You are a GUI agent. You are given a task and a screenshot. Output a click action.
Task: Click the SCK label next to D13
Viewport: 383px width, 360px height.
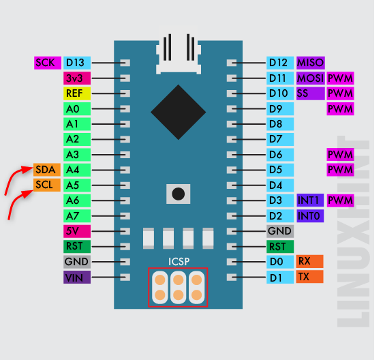click(48, 63)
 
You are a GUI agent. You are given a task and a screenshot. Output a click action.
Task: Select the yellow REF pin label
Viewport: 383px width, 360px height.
click(77, 93)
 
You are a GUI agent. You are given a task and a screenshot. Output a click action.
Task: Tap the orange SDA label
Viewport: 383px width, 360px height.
click(47, 170)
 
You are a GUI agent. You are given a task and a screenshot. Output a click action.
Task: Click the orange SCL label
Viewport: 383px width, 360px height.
click(47, 185)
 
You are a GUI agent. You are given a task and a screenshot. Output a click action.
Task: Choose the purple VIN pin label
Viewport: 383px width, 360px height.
click(77, 277)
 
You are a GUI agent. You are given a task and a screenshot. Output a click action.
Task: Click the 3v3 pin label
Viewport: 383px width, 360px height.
click(77, 78)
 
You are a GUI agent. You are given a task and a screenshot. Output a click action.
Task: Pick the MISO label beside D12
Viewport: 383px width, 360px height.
click(311, 63)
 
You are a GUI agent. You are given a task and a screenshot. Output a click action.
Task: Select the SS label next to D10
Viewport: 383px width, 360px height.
click(311, 93)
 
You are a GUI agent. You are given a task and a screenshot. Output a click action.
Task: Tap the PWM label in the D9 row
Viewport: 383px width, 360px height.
click(340, 109)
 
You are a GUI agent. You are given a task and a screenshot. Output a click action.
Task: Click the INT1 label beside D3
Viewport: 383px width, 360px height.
click(310, 200)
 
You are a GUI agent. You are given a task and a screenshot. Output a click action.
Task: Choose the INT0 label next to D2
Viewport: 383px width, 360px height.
click(310, 216)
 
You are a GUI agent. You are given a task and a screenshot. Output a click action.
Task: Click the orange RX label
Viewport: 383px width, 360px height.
click(309, 262)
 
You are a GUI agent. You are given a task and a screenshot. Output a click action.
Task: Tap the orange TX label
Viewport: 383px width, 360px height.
click(309, 277)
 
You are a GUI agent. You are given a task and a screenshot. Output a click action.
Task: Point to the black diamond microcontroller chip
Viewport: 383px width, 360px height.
click(179, 112)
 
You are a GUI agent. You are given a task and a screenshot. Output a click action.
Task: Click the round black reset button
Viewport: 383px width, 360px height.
click(179, 194)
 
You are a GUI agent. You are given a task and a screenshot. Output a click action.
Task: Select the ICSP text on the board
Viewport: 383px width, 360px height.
click(179, 262)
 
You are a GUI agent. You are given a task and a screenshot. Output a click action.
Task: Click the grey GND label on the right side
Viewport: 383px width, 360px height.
click(280, 231)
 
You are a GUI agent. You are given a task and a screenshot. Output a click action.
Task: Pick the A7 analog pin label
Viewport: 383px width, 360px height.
click(77, 216)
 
